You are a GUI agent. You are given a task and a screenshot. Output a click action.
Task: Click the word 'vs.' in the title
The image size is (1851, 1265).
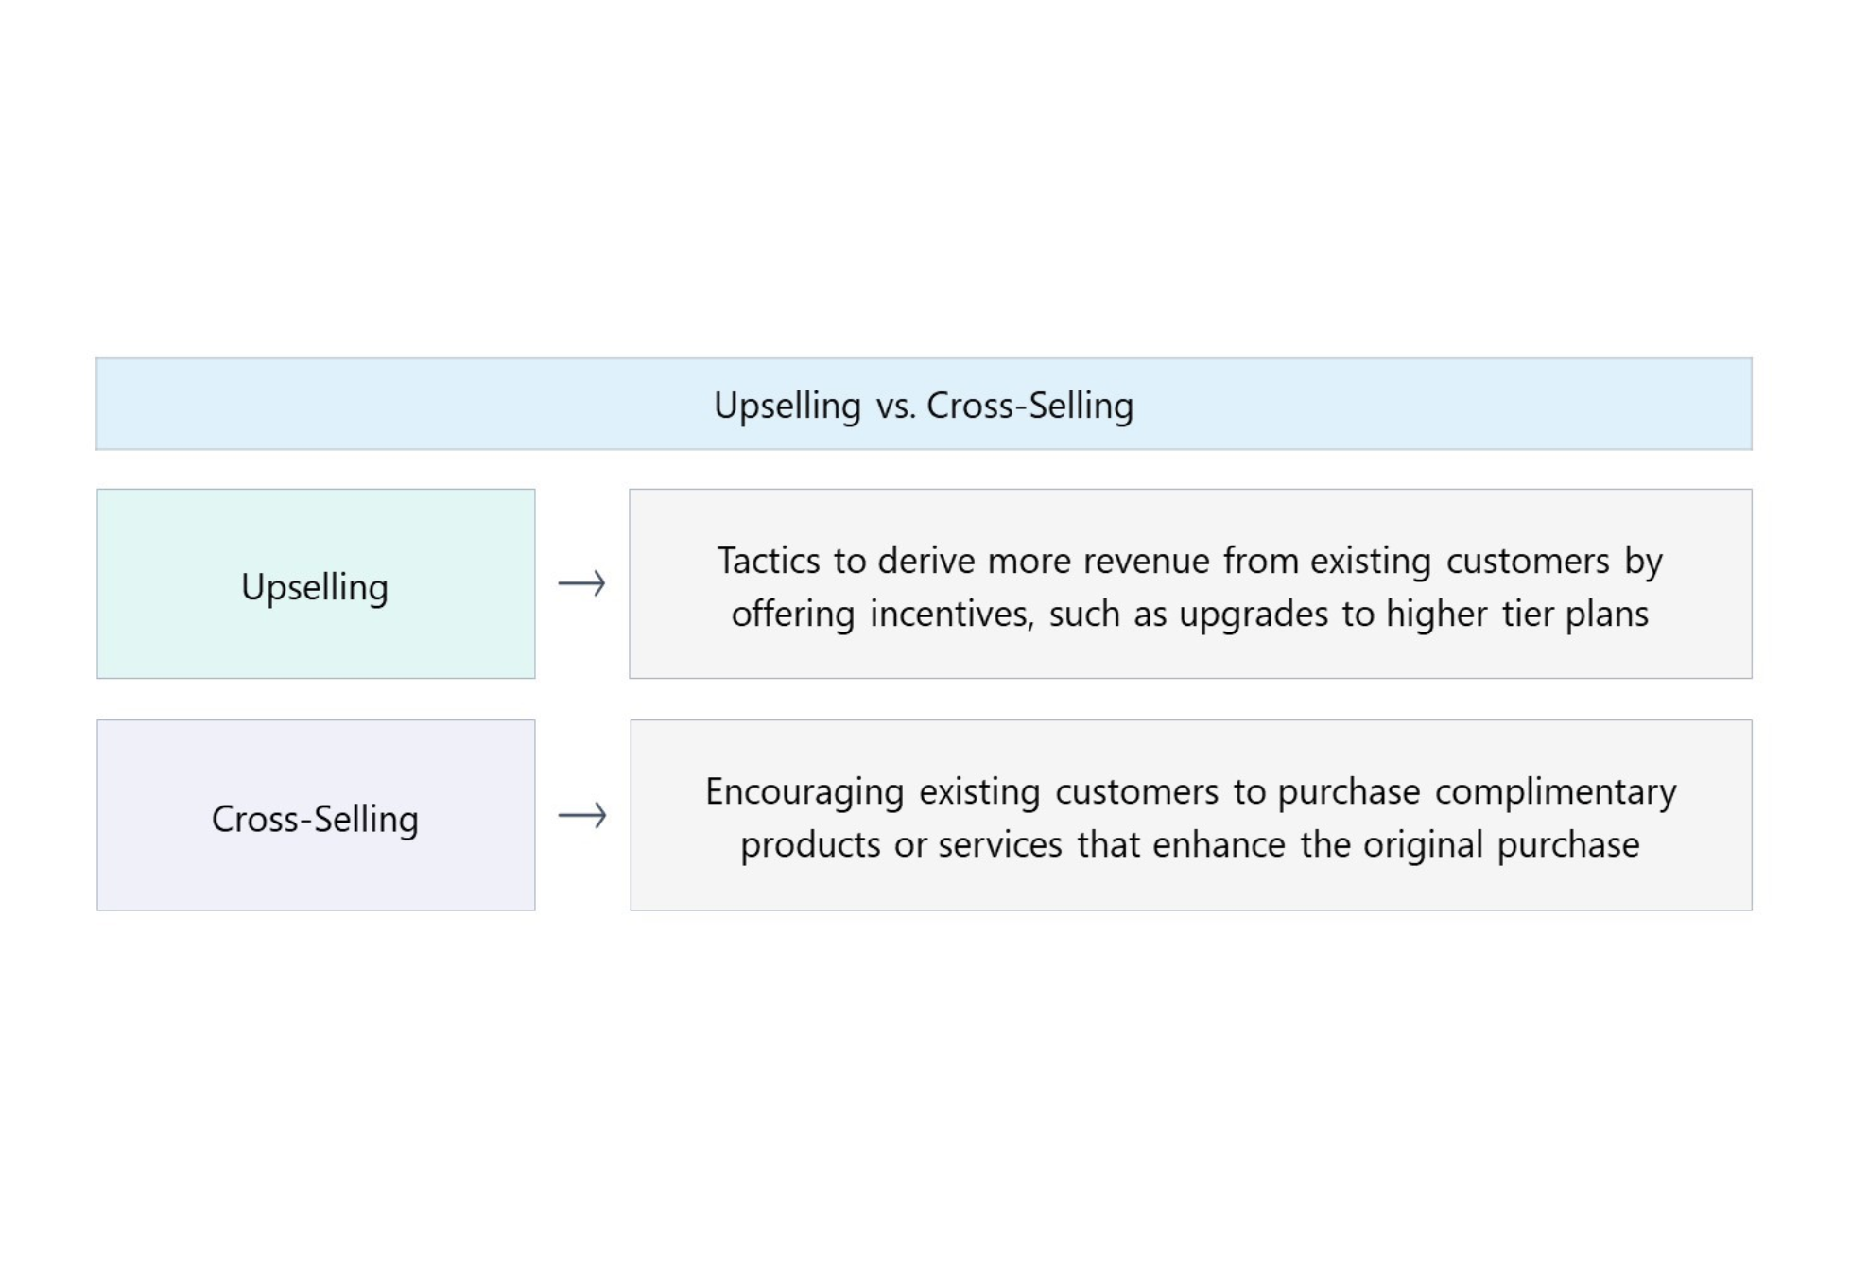tap(895, 407)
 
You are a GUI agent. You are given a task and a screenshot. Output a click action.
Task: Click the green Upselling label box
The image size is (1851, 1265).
tap(316, 583)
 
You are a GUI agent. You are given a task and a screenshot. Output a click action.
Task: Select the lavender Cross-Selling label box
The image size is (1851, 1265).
tap(316, 815)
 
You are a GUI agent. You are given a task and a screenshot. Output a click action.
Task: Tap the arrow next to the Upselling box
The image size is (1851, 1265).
tap(581, 583)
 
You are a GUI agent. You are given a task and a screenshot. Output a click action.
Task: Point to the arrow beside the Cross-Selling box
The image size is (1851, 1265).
tap(581, 815)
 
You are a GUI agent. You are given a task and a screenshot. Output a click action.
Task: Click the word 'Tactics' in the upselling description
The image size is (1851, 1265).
tap(769, 561)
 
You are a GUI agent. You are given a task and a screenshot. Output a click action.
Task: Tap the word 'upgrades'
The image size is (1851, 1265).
tap(1254, 615)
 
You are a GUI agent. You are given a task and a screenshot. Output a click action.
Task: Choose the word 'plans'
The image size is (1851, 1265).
tap(1607, 615)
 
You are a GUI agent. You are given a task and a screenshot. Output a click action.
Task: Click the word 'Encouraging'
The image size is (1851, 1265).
tap(804, 793)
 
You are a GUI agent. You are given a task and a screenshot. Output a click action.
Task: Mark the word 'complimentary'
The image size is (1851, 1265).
tap(1556, 793)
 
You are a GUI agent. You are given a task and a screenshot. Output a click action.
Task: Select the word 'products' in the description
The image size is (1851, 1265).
tap(810, 846)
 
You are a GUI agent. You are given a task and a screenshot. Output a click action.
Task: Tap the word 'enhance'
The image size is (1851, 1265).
tap(1219, 844)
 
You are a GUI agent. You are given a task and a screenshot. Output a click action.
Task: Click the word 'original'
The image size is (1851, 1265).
tap(1423, 846)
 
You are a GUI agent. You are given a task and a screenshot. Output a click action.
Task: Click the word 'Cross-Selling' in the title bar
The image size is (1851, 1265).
tap(1029, 407)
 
